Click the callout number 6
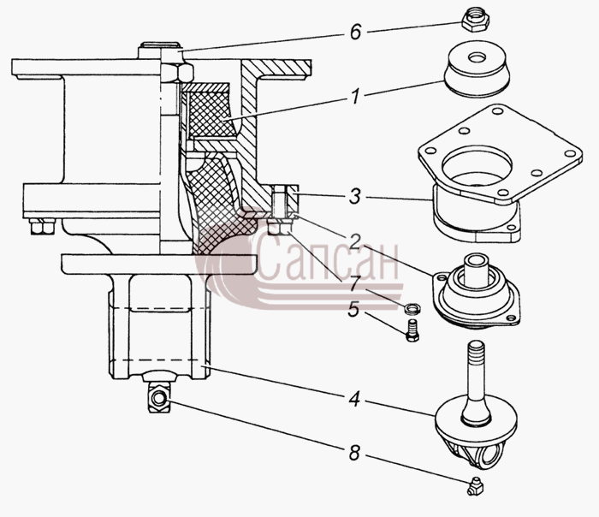tap(355, 32)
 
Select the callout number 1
tap(356, 96)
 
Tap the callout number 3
tap(355, 197)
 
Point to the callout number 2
tap(354, 241)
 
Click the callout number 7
tap(354, 283)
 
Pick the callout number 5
tap(353, 309)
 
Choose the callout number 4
tap(354, 400)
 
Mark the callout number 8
tap(354, 453)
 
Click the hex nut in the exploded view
tap(476, 21)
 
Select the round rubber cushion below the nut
tap(477, 68)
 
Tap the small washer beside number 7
tap(413, 307)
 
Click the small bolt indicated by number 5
tap(412, 331)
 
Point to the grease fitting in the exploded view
tap(475, 486)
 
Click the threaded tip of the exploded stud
tap(476, 348)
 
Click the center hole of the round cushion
tap(477, 57)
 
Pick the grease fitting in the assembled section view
tap(159, 398)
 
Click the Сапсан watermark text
tap(327, 257)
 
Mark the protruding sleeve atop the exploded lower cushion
tap(476, 270)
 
